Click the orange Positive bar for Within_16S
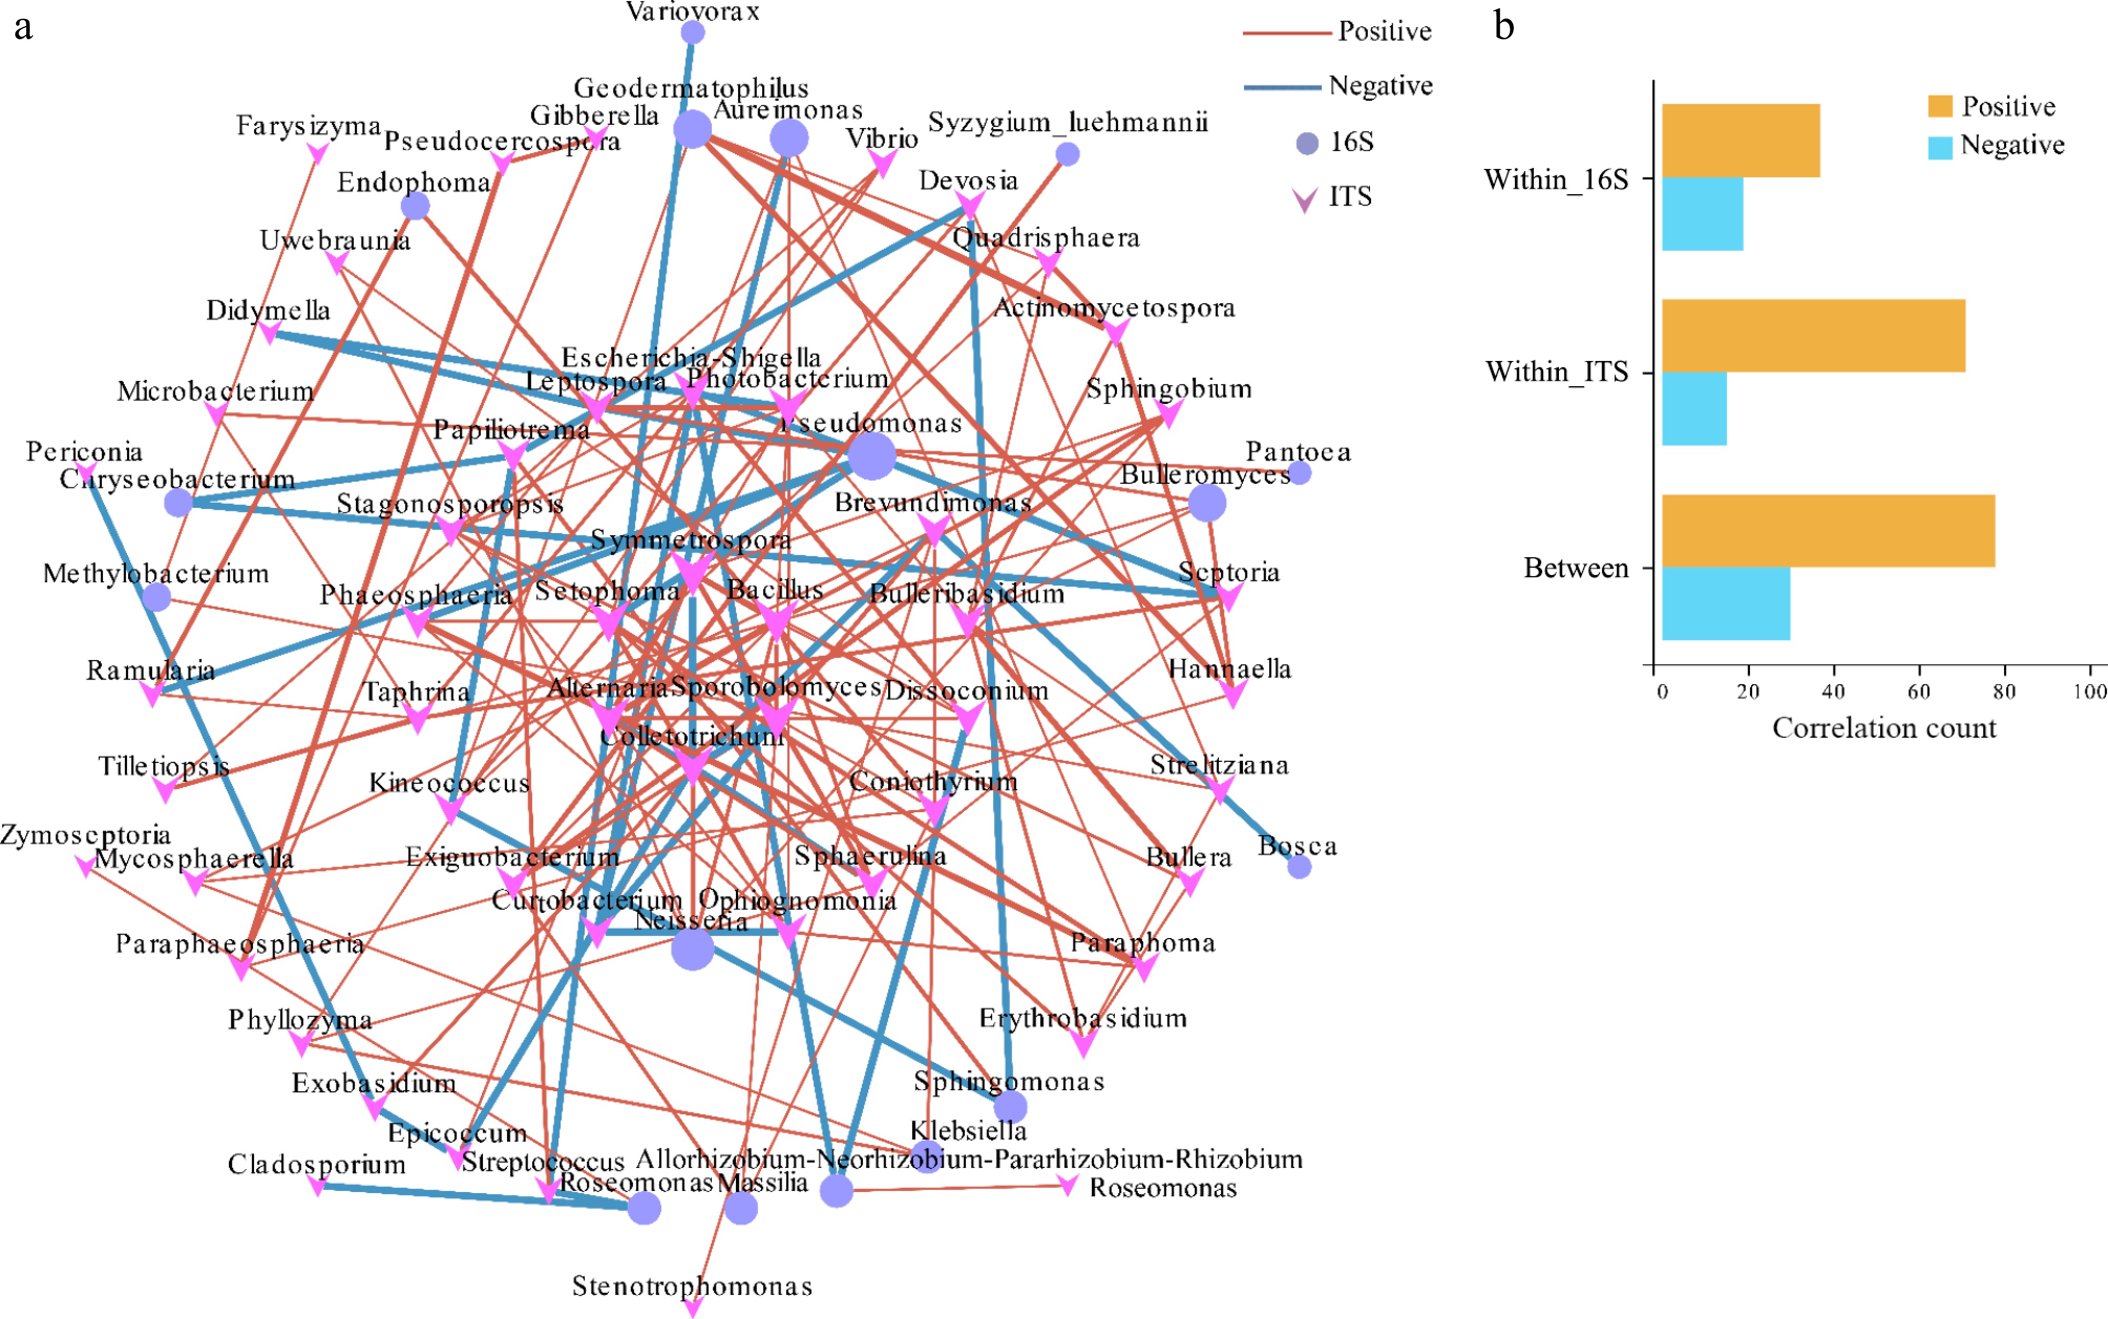[x=1740, y=141]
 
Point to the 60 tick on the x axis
[x=1918, y=692]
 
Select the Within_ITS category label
[x=1556, y=373]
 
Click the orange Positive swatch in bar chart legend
[x=1939, y=107]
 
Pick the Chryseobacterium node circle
[x=178, y=503]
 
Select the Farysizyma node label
[x=308, y=125]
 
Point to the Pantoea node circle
[x=1299, y=473]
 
